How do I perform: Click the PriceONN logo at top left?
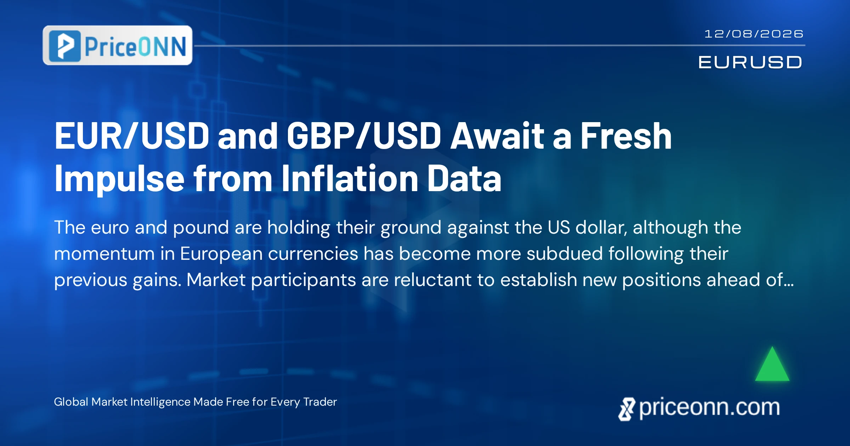tap(118, 45)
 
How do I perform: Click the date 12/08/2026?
tap(754, 34)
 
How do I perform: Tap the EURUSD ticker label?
tap(750, 62)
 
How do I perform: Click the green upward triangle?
tap(772, 364)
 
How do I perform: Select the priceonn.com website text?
tap(709, 408)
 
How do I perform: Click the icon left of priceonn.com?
tap(627, 409)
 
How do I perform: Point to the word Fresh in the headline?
tap(626, 136)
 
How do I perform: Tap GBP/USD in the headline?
tap(364, 136)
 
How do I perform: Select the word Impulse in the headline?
tap(119, 179)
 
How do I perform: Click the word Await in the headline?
tap(497, 136)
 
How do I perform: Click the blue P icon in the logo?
tap(64, 46)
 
